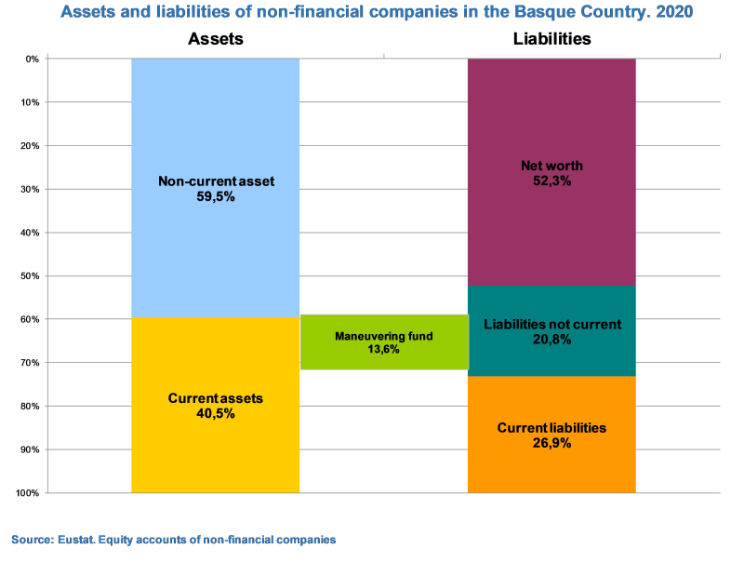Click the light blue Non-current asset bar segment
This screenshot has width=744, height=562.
tap(215, 121)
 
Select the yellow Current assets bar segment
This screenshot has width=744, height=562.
tap(215, 447)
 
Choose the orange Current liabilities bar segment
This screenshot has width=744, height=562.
tap(551, 465)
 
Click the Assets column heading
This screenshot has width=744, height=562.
tap(216, 39)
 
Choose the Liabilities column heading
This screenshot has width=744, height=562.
tap(551, 39)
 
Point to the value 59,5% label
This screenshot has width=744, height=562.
tap(216, 196)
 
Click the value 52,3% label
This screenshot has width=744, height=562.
tap(551, 181)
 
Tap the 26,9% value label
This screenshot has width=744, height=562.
tap(551, 443)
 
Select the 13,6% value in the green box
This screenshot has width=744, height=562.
tap(383, 350)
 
